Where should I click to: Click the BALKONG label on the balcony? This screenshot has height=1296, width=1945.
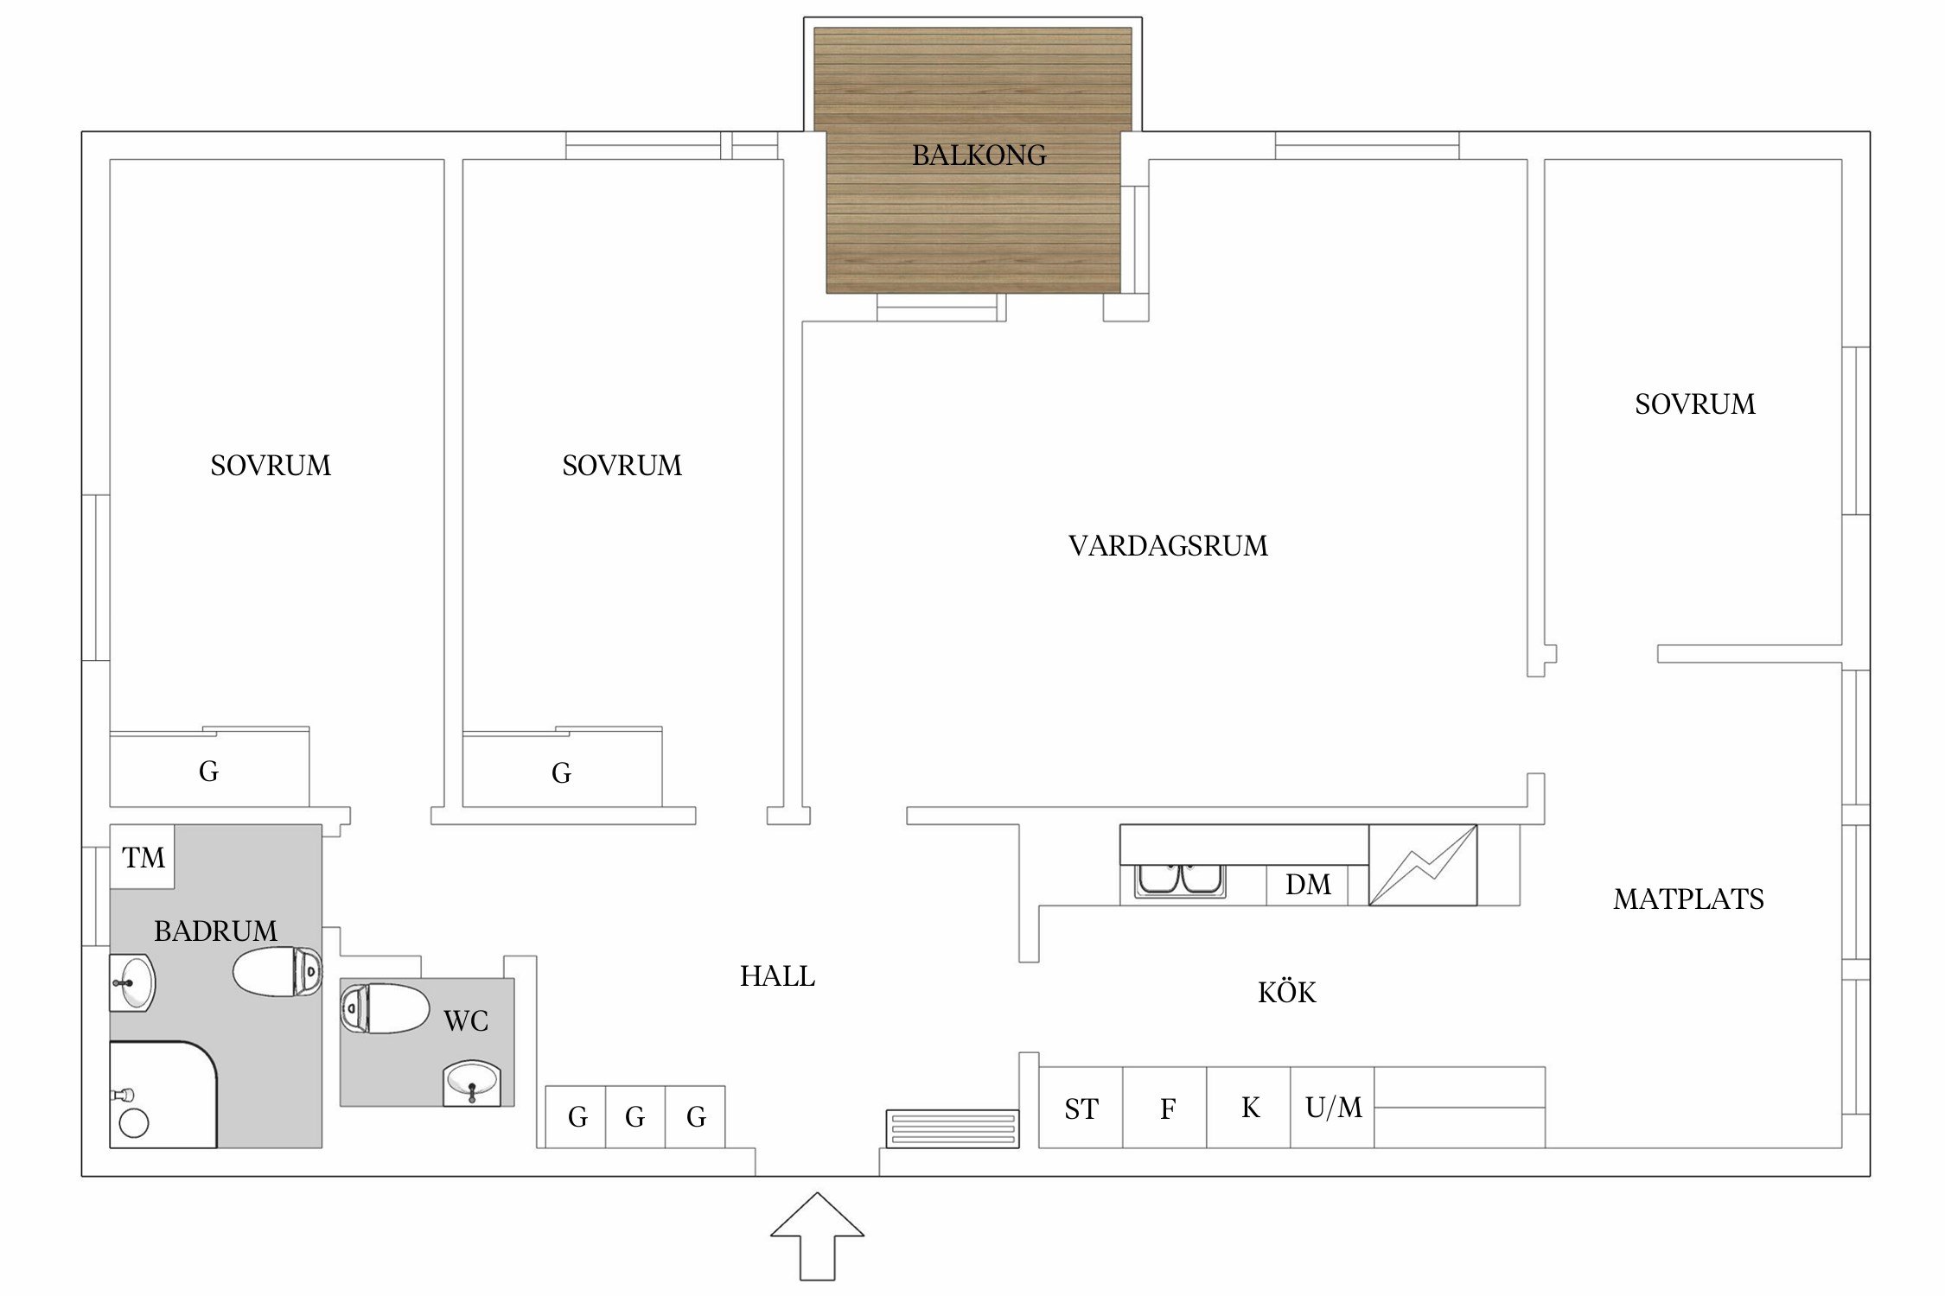coord(979,156)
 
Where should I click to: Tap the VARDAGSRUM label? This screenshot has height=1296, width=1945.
coord(1168,546)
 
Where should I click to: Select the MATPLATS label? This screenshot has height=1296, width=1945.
coord(1688,899)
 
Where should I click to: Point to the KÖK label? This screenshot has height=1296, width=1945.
coord(1286,992)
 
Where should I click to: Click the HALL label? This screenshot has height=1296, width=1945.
coord(777,976)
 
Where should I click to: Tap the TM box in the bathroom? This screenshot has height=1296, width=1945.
coord(143,857)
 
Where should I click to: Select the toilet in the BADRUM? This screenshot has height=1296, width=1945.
coord(277,971)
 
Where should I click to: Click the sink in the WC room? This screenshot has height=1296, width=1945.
coord(472,1083)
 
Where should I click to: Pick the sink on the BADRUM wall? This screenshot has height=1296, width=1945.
coord(132,982)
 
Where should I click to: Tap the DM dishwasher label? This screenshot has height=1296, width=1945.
coord(1308,885)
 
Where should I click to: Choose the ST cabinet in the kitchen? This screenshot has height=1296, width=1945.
coord(1081,1108)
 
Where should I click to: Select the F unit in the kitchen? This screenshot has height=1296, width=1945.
coord(1165,1108)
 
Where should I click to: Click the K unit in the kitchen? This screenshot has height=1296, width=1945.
coord(1249,1108)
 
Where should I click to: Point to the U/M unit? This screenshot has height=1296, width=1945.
coord(1333,1108)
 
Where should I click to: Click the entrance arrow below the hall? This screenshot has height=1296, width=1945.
coord(817,1236)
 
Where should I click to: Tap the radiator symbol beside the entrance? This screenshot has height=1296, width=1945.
coord(953,1129)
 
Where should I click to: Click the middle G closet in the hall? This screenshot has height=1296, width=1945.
coord(635,1117)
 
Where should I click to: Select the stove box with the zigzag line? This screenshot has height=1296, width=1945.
coord(1423,865)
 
